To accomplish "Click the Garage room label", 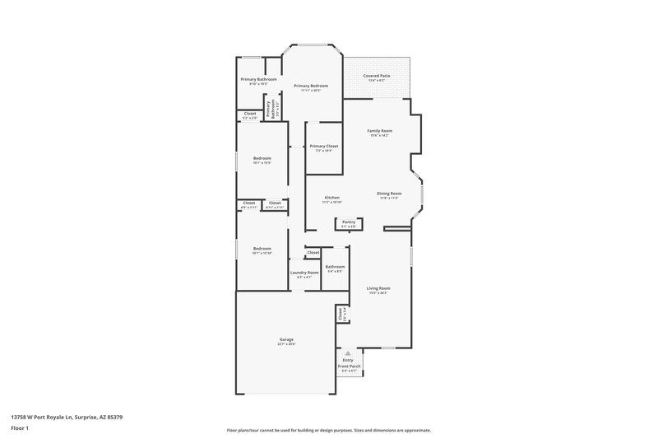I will coord(286,339).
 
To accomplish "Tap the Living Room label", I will coord(378,288).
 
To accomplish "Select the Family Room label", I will coord(379,131).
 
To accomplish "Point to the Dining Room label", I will coord(389,194).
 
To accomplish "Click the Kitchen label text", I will coord(332,198).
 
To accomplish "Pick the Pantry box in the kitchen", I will coord(349,222).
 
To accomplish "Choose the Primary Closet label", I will coord(324,147).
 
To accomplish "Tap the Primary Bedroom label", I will coord(311,86).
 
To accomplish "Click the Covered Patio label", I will coord(376,77).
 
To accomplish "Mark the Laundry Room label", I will coord(304,273).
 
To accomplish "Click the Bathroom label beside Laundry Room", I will coord(335,267).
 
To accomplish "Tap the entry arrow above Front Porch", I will coord(347,352).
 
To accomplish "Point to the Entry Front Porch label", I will coord(347,364).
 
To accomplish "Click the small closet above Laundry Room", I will coord(313,252).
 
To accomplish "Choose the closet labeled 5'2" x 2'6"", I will coord(249,114).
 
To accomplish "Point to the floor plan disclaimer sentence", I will coord(328,430).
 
